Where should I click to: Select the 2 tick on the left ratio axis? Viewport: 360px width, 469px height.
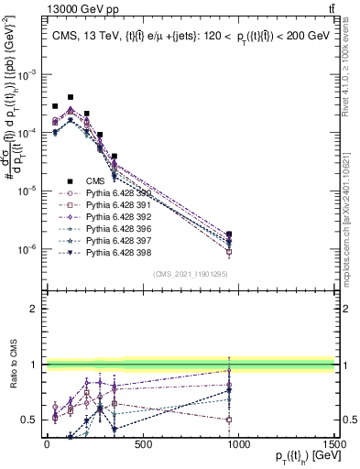tap(34, 310)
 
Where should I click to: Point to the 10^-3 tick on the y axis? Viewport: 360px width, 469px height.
tap(27, 74)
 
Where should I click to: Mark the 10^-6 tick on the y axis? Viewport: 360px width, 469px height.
tap(27, 249)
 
